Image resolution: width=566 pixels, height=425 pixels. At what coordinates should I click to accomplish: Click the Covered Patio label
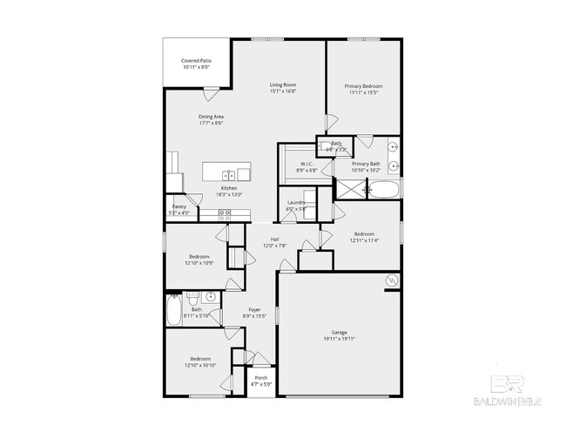point(195,61)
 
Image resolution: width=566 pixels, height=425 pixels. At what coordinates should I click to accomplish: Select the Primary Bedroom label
point(363,86)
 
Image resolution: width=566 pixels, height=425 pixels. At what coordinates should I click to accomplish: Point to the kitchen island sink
point(227,175)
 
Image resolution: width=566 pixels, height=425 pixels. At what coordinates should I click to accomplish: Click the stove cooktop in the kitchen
point(224,212)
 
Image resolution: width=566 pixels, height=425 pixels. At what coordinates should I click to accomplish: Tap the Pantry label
point(179,206)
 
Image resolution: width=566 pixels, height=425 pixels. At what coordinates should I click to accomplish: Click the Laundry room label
point(295,203)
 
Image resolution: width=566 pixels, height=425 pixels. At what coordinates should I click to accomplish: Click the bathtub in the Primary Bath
point(385,189)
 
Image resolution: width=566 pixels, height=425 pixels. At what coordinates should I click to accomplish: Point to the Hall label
point(274,239)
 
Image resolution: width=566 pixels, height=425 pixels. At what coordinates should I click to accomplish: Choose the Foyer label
point(254,309)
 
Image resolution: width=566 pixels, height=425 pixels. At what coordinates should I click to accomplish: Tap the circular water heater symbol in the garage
point(392,280)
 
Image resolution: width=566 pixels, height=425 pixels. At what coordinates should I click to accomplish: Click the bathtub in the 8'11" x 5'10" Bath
point(174,310)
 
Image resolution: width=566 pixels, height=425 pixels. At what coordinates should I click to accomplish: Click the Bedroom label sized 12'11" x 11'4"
point(363,233)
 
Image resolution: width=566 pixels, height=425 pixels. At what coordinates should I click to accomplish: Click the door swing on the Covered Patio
point(210,92)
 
